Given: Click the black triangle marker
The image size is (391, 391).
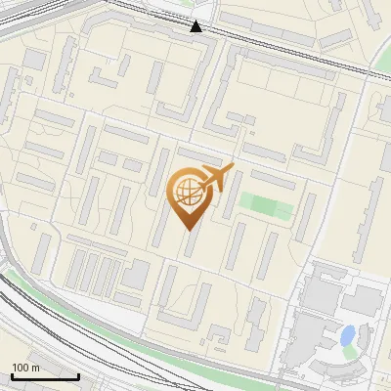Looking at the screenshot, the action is [x=197, y=25].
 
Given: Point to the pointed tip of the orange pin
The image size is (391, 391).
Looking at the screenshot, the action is [x=187, y=229].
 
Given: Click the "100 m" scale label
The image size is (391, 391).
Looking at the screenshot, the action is [x=26, y=368].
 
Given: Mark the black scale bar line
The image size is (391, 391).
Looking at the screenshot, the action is [x=44, y=376].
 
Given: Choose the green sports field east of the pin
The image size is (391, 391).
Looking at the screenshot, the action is [x=265, y=205].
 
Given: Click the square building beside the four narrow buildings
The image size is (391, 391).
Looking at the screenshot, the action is [x=135, y=274].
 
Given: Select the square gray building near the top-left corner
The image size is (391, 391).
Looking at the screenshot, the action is [x=34, y=60].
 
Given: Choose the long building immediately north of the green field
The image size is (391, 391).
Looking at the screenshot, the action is [x=273, y=180].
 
